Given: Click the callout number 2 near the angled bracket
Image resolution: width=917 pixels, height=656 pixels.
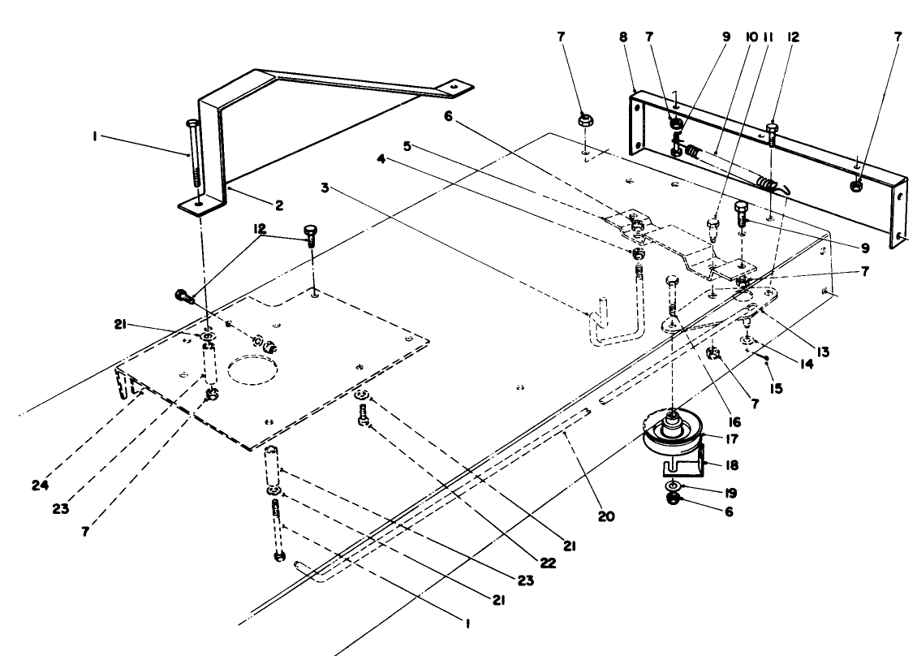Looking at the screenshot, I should (x=278, y=206).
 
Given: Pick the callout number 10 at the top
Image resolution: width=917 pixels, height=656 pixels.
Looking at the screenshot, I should (x=747, y=37).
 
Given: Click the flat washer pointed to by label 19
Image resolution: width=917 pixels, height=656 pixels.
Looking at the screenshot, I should (x=673, y=486).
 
